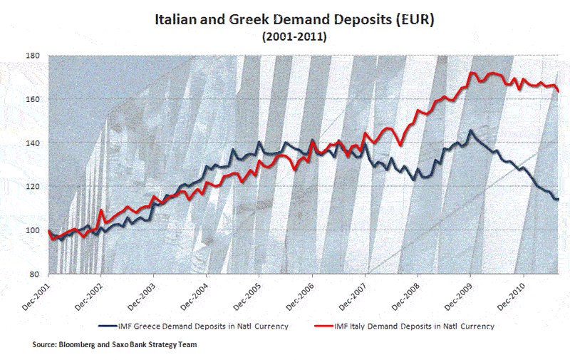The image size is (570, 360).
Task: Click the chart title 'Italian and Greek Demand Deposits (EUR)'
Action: pos(294,19)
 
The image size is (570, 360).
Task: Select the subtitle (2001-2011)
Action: pos(294,37)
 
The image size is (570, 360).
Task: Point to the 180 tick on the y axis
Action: pos(33,56)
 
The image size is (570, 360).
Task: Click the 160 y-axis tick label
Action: pos(33,99)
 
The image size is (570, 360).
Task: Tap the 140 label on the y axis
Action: pos(33,143)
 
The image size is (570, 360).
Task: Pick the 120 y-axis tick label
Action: pos(33,187)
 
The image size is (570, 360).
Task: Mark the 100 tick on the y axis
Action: pos(33,230)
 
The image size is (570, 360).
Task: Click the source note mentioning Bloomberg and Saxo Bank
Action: pos(114,345)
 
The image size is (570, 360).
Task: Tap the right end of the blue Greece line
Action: pos(559,199)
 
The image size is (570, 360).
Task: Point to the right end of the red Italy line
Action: pos(559,91)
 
